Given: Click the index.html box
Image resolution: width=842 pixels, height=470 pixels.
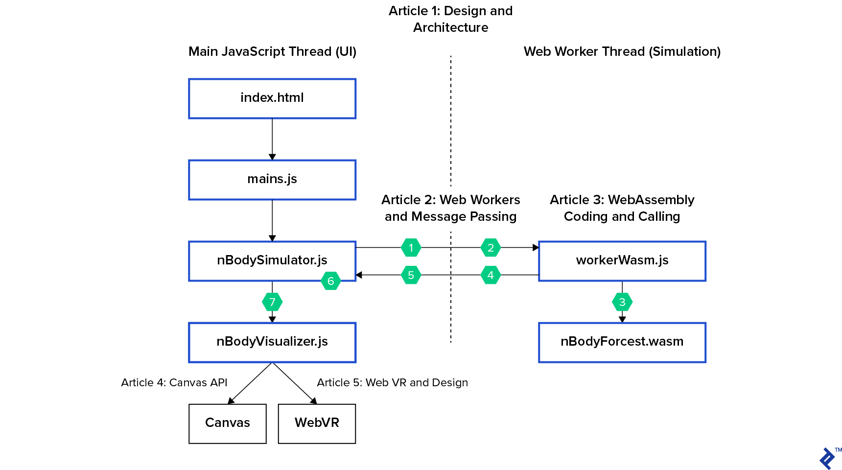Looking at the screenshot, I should click(x=272, y=98).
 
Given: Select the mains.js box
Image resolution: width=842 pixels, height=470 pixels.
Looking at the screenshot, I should click(x=272, y=180).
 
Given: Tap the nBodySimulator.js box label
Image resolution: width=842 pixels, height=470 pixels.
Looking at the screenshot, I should click(x=272, y=260).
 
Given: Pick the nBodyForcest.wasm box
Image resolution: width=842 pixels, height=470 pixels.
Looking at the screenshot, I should click(x=622, y=342).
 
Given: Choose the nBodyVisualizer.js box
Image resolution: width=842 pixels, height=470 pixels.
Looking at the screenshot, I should click(x=272, y=342).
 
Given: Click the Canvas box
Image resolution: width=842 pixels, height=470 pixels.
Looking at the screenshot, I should click(x=228, y=423).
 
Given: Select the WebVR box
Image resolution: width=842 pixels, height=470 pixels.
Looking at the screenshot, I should click(x=317, y=423).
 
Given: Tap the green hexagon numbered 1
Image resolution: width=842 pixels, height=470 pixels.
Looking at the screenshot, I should click(x=411, y=248).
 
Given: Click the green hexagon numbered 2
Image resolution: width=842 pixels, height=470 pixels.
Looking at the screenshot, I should click(x=491, y=248).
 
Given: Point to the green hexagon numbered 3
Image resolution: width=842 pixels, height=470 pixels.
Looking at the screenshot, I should click(x=622, y=302).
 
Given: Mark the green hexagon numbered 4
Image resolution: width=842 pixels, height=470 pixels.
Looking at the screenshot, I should click(x=491, y=275).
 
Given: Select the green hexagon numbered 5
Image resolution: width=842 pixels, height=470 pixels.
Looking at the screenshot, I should click(x=411, y=275).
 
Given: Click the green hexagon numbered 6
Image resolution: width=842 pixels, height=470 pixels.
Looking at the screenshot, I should click(x=330, y=281).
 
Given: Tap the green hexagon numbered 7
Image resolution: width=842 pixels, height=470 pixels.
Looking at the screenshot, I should click(x=272, y=302).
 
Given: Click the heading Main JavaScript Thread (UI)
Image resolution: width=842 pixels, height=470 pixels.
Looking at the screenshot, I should click(x=272, y=51).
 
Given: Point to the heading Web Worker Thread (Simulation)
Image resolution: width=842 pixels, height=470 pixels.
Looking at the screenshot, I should click(x=622, y=51).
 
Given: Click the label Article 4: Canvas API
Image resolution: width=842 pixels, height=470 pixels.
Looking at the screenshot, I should click(x=174, y=382).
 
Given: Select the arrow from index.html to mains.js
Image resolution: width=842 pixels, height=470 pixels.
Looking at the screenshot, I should click(x=272, y=139).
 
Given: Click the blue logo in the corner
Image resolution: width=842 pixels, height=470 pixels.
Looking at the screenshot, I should click(x=828, y=458).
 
